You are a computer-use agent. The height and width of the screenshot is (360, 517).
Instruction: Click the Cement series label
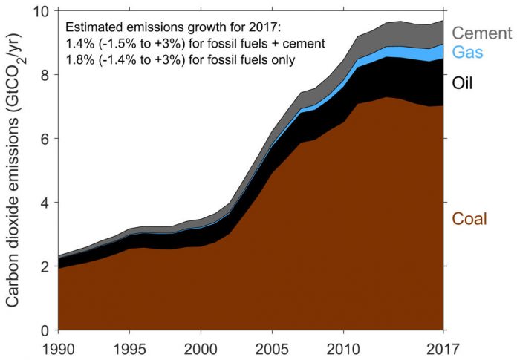coord(482,33)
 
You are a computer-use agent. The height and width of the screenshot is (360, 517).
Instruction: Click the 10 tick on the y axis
coord(41,12)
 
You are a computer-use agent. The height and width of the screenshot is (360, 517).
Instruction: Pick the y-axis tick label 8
coord(45,75)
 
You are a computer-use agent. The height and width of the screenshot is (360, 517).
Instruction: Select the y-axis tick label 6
coord(45,139)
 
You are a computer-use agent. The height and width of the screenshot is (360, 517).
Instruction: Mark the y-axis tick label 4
coord(45,203)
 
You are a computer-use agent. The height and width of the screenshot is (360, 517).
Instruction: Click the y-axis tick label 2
coord(45,266)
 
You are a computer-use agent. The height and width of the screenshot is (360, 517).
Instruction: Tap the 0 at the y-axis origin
coord(45,330)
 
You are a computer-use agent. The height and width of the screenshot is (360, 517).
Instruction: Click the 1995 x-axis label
coord(129,347)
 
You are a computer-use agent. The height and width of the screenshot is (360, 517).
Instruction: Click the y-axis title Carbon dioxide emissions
coord(16,171)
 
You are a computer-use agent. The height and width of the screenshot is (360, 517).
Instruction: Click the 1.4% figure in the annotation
coord(80,45)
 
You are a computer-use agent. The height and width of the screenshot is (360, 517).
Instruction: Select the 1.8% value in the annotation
coord(80,60)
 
